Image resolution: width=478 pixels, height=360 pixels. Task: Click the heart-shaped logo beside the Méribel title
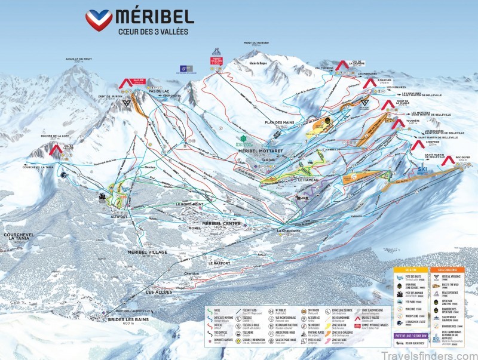pyautogui.click(x=99, y=20)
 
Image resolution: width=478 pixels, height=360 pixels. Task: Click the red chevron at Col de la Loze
pyautogui.click(x=56, y=149)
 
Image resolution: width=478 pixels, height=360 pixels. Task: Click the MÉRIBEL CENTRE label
pyautogui.click(x=221, y=223)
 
